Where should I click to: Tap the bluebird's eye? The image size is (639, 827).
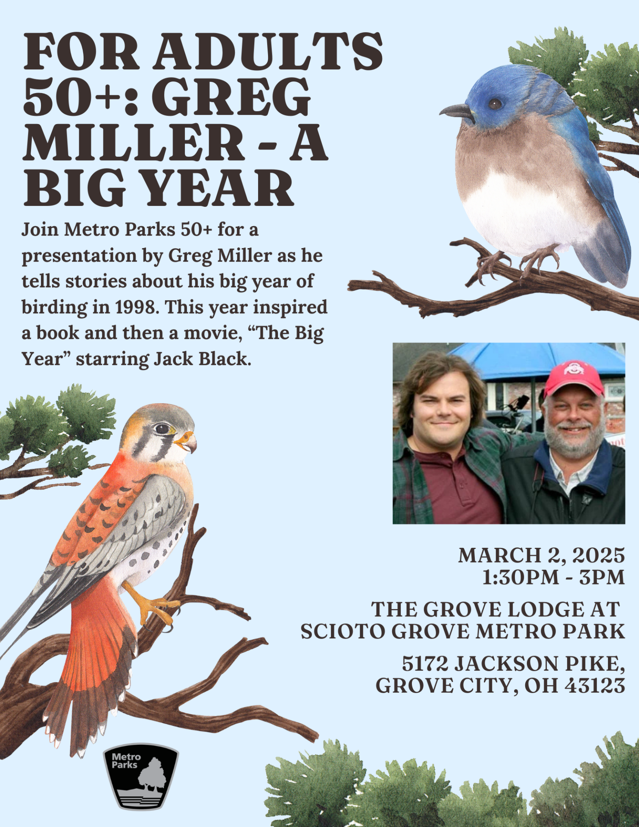(x=495, y=104)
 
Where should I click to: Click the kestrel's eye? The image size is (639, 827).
(x=162, y=429)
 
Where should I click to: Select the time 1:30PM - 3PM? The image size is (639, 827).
(x=554, y=578)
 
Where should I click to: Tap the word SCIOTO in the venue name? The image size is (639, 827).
(x=343, y=632)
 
